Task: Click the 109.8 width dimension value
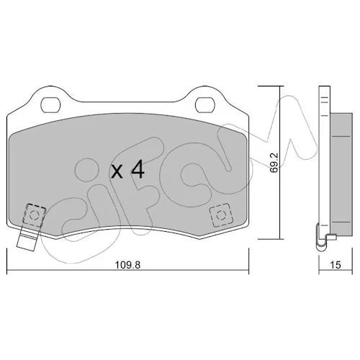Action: [x=127, y=265]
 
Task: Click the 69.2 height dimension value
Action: [x=274, y=163]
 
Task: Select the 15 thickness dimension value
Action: [x=336, y=265]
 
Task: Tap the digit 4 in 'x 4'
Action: [x=137, y=169]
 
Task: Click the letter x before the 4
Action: [x=117, y=171]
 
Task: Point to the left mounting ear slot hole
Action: [x=50, y=104]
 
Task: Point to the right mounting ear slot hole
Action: [x=204, y=104]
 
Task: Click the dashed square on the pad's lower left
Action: [x=34, y=215]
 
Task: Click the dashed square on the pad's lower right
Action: [x=221, y=215]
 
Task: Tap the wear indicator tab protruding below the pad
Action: [x=27, y=239]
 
